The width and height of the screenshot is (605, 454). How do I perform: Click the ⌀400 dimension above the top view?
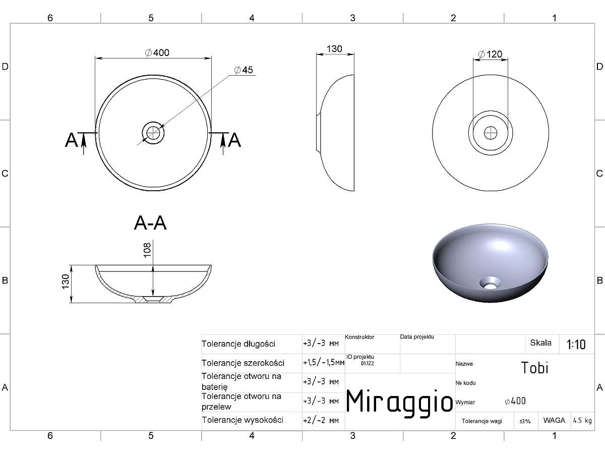pyautogui.click(x=157, y=52)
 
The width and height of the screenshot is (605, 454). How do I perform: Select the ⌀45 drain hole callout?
pyautogui.click(x=244, y=70)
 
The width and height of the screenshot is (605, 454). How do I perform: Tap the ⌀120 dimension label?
pyautogui.click(x=490, y=54)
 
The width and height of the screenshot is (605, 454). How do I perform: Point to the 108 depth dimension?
pyautogui.click(x=148, y=250)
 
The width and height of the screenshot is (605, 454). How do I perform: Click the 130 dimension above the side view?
pyautogui.click(x=334, y=49)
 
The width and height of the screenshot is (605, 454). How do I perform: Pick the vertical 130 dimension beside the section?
pyautogui.click(x=66, y=281)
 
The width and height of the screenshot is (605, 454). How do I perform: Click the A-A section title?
pyautogui.click(x=150, y=223)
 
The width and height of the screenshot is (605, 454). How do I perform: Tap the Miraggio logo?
pyautogui.click(x=399, y=402)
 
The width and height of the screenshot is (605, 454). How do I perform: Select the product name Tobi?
pyautogui.click(x=535, y=368)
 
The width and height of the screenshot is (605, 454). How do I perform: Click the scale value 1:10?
pyautogui.click(x=576, y=345)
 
